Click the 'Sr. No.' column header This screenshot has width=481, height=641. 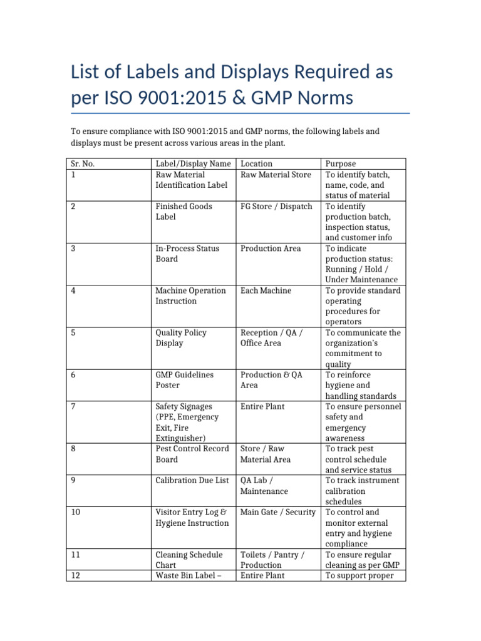(83, 164)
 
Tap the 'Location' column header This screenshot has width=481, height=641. (256, 164)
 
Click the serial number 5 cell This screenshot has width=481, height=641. (74, 332)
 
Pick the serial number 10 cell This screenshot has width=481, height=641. (76, 512)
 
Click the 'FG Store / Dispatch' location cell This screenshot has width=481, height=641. (276, 206)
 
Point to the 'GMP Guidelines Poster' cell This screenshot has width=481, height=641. (184, 380)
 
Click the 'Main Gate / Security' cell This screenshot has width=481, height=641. (278, 512)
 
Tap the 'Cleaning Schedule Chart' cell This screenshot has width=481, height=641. (189, 560)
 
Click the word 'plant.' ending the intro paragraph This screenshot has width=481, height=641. (274, 143)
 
